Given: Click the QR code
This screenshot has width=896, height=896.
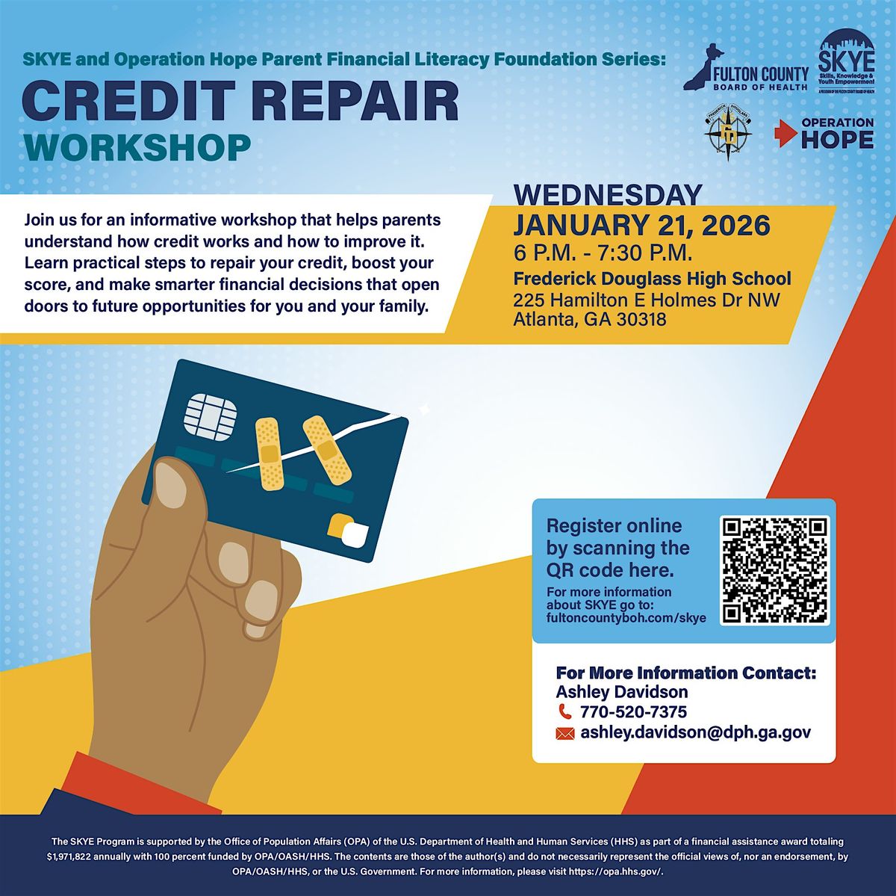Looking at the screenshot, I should coord(776,570).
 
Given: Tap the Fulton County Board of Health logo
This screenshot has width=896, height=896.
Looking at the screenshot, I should coord(746,69).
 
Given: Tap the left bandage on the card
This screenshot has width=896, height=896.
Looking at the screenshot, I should coord(268,445).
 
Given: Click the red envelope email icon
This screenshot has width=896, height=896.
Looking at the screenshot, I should coord(564,734).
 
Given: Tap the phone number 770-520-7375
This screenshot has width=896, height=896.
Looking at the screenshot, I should coord(633,711).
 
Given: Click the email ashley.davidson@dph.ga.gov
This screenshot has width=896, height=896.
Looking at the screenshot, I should coord(695,733).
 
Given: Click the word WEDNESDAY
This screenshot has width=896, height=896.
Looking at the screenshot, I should coord(608,194).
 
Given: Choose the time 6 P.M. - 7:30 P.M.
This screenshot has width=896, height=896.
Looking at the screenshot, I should coord(603,253).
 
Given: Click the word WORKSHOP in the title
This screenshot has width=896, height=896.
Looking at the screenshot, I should coord(137,147).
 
